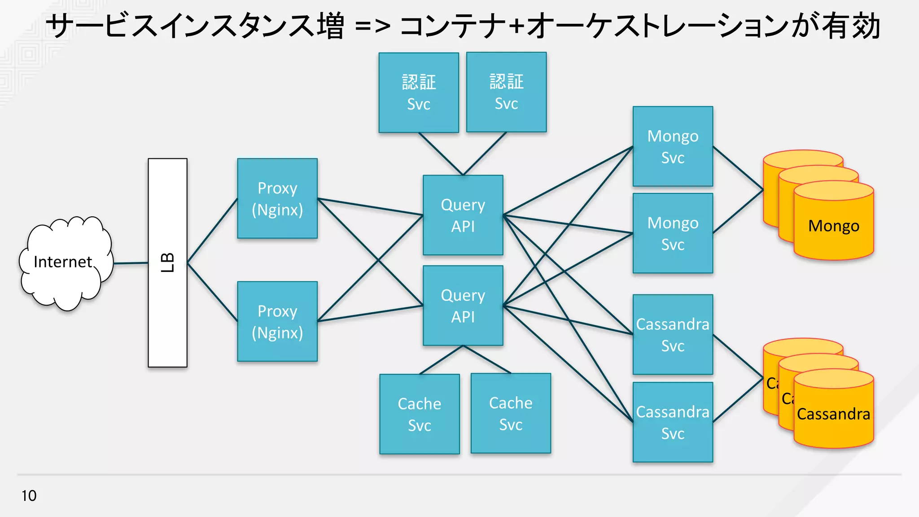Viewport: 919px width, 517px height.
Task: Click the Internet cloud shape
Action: (x=65, y=263)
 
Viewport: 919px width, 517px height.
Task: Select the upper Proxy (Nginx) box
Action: (x=277, y=198)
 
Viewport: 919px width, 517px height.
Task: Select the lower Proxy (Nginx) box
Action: (x=277, y=321)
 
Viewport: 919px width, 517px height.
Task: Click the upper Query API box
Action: (x=463, y=215)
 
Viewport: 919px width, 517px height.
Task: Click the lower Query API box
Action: (x=463, y=306)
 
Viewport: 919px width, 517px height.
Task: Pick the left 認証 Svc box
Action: (x=418, y=92)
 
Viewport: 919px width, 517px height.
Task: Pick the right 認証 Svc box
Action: (x=506, y=92)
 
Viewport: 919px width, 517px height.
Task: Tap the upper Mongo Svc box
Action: (x=673, y=146)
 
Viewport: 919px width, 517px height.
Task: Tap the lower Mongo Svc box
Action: (x=673, y=233)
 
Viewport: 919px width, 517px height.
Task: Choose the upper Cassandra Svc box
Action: (x=673, y=334)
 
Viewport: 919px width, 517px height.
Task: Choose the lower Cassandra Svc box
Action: (x=673, y=422)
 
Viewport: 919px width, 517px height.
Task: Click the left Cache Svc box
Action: (x=419, y=414)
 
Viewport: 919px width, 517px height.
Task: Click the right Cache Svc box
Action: (x=511, y=413)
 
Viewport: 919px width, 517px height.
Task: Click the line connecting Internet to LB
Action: (x=131, y=263)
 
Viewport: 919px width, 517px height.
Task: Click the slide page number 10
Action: (x=29, y=495)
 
